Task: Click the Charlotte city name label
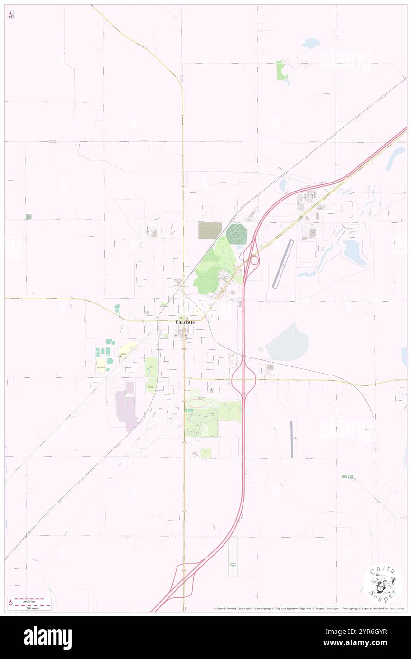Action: (185, 322)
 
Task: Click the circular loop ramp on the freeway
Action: (254, 260)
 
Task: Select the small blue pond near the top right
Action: (311, 44)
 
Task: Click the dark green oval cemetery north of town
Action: (237, 234)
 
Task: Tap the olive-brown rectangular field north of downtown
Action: (210, 230)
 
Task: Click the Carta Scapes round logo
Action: (383, 584)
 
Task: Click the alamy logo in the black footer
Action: (47, 637)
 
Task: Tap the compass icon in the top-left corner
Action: (10, 15)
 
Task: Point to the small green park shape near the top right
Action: (282, 71)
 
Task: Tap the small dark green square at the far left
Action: (28, 217)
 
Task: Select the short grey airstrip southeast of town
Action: (292, 439)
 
